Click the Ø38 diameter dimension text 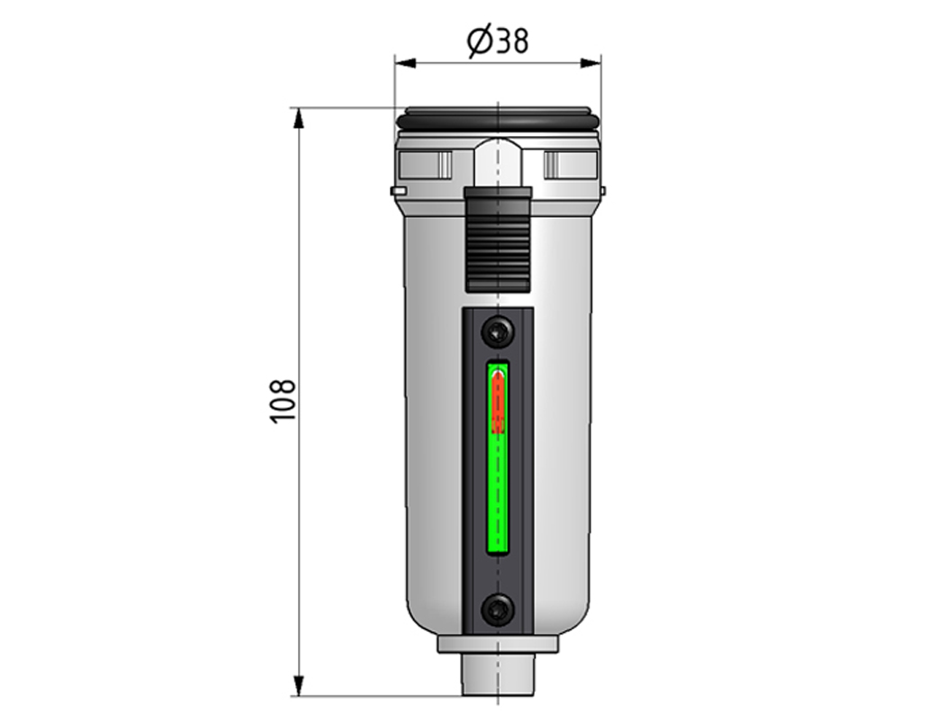[498, 41]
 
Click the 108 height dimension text [283, 402]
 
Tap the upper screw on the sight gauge [498, 331]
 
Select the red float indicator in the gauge [499, 401]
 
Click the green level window [498, 458]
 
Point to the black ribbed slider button [498, 240]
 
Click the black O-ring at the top [498, 119]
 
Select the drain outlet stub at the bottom [498, 674]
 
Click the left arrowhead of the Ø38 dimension [405, 63]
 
